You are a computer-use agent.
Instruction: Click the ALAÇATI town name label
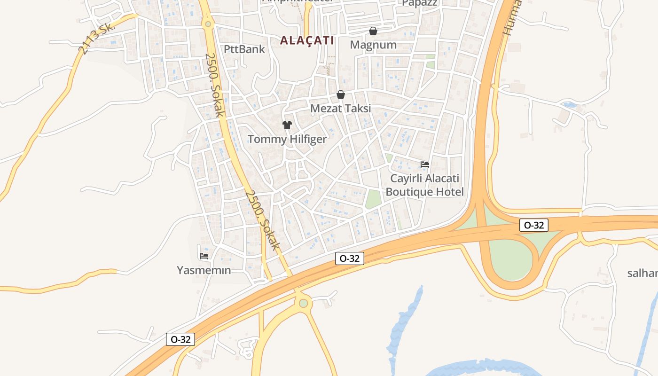pyautogui.click(x=307, y=40)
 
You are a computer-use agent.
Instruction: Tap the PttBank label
pyautogui.click(x=244, y=49)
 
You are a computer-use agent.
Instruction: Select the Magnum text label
pyautogui.click(x=373, y=45)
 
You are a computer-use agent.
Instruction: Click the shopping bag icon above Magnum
pyautogui.click(x=373, y=31)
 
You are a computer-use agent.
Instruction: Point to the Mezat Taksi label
pyautogui.click(x=340, y=108)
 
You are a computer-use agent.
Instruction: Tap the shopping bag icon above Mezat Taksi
pyautogui.click(x=341, y=94)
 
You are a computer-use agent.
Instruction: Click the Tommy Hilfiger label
pyautogui.click(x=287, y=139)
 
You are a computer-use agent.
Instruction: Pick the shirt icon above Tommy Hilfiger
pyautogui.click(x=287, y=125)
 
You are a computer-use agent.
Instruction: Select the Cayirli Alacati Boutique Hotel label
pyautogui.click(x=424, y=185)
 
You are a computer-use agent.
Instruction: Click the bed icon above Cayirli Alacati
pyautogui.click(x=425, y=164)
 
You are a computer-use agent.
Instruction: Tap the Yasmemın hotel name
pyautogui.click(x=204, y=270)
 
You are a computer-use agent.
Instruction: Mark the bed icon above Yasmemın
pyautogui.click(x=204, y=256)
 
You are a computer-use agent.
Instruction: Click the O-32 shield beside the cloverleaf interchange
pyautogui.click(x=534, y=225)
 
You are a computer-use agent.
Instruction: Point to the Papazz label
pyautogui.click(x=419, y=3)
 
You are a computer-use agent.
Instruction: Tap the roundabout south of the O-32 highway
pyautogui.click(x=303, y=303)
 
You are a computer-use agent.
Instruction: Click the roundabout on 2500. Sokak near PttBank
pyautogui.click(x=208, y=23)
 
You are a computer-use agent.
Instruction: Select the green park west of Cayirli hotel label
pyautogui.click(x=373, y=199)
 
